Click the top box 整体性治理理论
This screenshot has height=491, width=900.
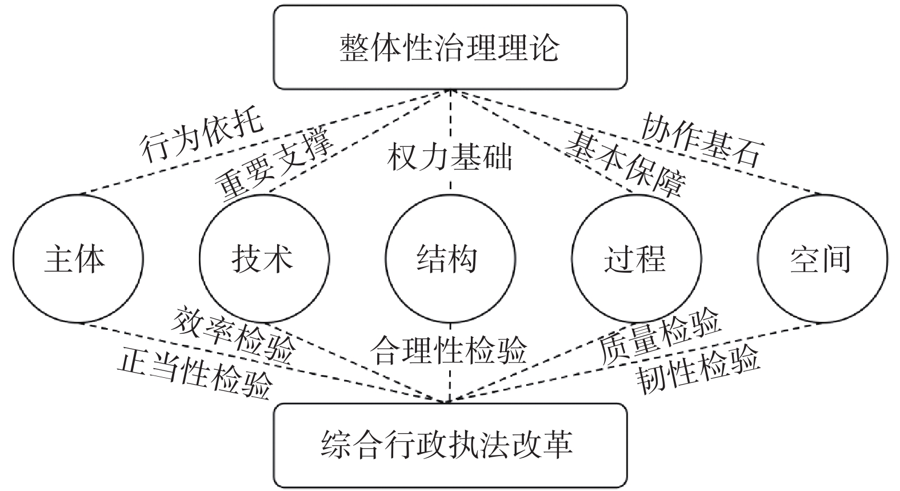[x=450, y=47]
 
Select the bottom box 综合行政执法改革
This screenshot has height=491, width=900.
[x=450, y=445]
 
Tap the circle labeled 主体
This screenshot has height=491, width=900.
[x=78, y=260]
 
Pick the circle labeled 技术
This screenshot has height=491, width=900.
[x=264, y=260]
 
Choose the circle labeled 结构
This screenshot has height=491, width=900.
[x=450, y=260]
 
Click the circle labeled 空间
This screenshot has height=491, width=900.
[x=822, y=260]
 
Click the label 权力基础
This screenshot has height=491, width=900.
[x=450, y=157]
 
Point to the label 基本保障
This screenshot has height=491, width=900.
[x=626, y=163]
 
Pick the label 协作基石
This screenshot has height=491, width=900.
[x=702, y=139]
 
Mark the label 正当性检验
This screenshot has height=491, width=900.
[x=194, y=374]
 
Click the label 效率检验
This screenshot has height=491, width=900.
[x=235, y=334]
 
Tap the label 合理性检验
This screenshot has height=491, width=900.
[x=449, y=350]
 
